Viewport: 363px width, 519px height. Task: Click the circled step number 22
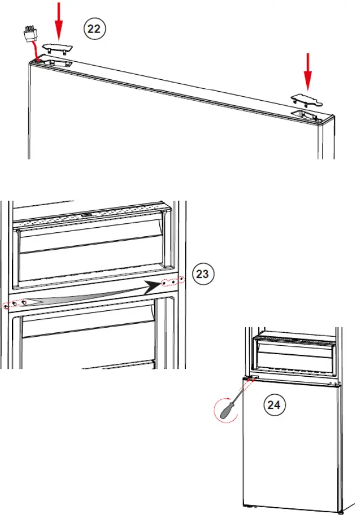coord(95,29)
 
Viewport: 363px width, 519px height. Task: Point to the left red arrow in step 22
coord(59,19)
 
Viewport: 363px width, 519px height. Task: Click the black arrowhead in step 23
coord(150,287)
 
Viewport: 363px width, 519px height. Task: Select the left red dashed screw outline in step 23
coord(15,305)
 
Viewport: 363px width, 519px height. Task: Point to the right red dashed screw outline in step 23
coord(173,281)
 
